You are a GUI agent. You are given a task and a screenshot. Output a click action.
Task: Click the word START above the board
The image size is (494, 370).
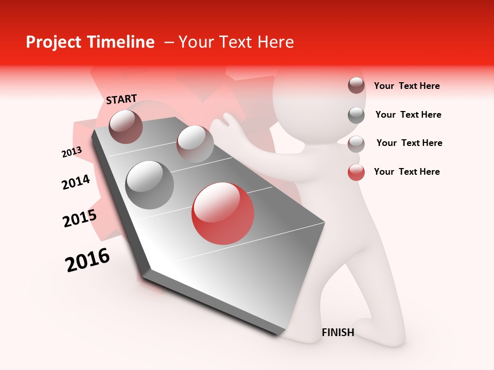[x=121, y=99]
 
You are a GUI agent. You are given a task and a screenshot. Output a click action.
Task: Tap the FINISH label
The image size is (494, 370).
[x=338, y=332]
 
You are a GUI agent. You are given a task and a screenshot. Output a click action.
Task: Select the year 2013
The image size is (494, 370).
[x=72, y=152]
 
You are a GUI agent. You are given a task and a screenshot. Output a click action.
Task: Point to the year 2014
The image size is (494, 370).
[x=76, y=182]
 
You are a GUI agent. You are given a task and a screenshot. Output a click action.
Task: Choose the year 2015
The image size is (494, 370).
[x=80, y=218]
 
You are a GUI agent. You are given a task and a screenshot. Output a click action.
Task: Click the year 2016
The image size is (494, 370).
[x=87, y=260]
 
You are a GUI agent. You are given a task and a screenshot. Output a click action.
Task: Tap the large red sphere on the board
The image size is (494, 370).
[x=222, y=213]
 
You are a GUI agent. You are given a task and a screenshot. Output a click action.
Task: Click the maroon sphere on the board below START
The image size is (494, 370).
[x=126, y=126]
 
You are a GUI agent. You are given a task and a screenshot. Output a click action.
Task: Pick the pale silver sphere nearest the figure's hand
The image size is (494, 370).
[x=195, y=144]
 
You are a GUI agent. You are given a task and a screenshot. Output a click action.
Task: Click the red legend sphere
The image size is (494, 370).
[x=356, y=172]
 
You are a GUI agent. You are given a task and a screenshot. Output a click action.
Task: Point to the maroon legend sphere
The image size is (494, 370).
[x=356, y=86]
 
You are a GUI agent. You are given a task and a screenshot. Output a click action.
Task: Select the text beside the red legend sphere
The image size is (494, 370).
[x=407, y=172]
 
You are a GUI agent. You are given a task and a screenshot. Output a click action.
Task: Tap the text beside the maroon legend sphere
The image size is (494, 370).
[x=407, y=86]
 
